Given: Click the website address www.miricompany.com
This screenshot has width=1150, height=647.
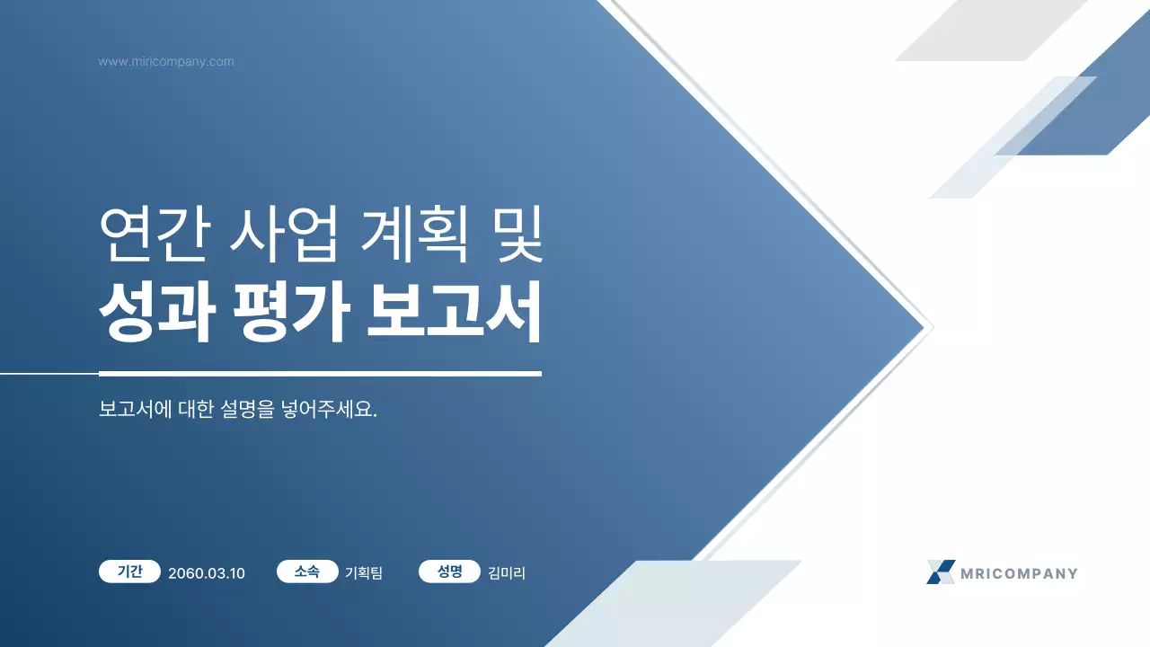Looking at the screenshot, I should point(166,62).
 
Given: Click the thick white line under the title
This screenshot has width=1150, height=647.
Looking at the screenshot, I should point(320,373).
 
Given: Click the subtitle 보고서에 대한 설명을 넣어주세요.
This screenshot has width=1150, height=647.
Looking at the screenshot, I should point(237,410).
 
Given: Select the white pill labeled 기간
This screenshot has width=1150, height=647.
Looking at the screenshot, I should point(130,572).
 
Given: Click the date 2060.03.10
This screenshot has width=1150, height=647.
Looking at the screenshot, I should point(207,573).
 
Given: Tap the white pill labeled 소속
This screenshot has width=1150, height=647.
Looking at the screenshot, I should point(307,572).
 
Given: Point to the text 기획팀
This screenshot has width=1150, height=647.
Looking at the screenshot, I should point(364,573).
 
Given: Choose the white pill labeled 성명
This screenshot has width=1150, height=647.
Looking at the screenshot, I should point(449,572).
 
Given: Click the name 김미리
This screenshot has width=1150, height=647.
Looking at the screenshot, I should point(507,573).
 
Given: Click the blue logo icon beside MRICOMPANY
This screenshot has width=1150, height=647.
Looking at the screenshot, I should point(941,572).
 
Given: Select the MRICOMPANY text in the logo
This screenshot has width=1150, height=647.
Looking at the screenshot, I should point(1019,573).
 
